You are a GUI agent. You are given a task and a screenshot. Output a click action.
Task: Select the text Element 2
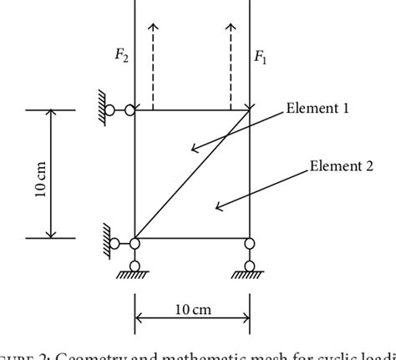(x=341, y=165)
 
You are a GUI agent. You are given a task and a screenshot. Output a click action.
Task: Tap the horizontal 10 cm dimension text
(x=192, y=311)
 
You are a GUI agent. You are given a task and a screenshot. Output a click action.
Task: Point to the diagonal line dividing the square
(x=192, y=174)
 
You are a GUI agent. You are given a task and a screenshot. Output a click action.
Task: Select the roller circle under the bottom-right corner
(x=249, y=267)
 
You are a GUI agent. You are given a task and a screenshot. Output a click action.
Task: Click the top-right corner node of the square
(x=249, y=109)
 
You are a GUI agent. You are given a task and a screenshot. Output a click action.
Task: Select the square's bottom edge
(x=192, y=239)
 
